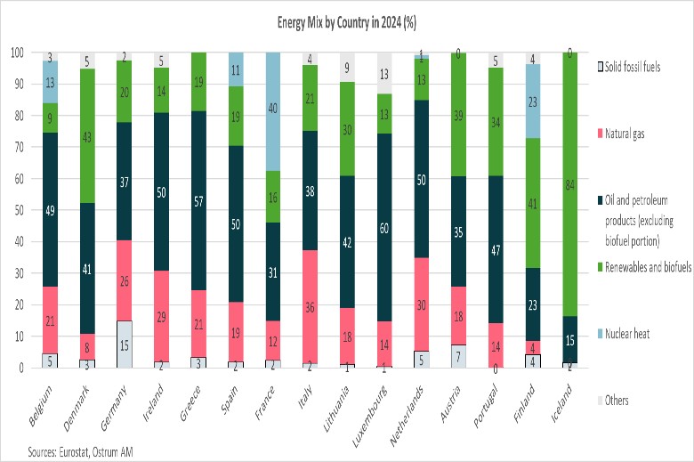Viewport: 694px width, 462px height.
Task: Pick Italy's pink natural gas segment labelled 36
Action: tap(310, 307)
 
